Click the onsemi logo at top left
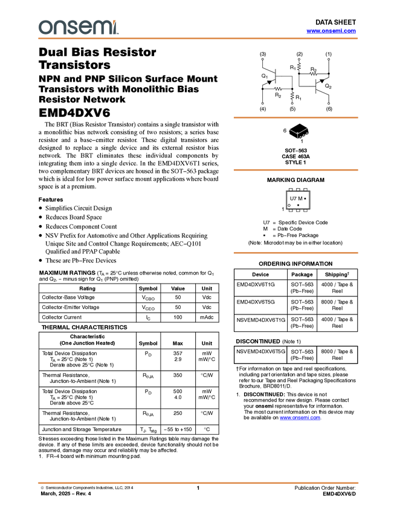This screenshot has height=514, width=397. [x=79, y=27]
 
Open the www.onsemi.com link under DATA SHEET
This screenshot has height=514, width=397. [x=331, y=31]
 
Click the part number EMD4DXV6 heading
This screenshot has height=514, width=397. [x=74, y=112]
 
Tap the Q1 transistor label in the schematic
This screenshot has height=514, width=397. [x=264, y=76]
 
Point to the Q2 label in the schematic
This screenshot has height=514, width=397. [x=328, y=86]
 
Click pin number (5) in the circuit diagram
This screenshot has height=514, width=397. [x=292, y=109]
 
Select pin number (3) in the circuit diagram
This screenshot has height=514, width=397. [x=263, y=54]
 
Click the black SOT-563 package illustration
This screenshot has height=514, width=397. [x=299, y=131]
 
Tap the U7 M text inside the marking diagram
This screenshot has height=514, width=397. [x=296, y=198]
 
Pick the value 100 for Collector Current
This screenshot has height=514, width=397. [x=178, y=317]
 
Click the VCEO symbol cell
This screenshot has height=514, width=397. [x=148, y=308]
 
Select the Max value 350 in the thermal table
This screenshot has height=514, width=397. [x=178, y=375]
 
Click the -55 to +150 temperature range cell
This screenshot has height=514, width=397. [x=178, y=429]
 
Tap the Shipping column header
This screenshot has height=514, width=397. [x=337, y=275]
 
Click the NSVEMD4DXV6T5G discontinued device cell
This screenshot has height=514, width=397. [x=260, y=351]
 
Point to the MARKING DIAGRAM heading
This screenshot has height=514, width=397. [x=295, y=180]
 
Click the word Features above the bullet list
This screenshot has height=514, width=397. [x=51, y=200]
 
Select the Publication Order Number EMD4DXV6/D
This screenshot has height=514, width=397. [x=339, y=493]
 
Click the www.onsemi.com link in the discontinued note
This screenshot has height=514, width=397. [x=300, y=418]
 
